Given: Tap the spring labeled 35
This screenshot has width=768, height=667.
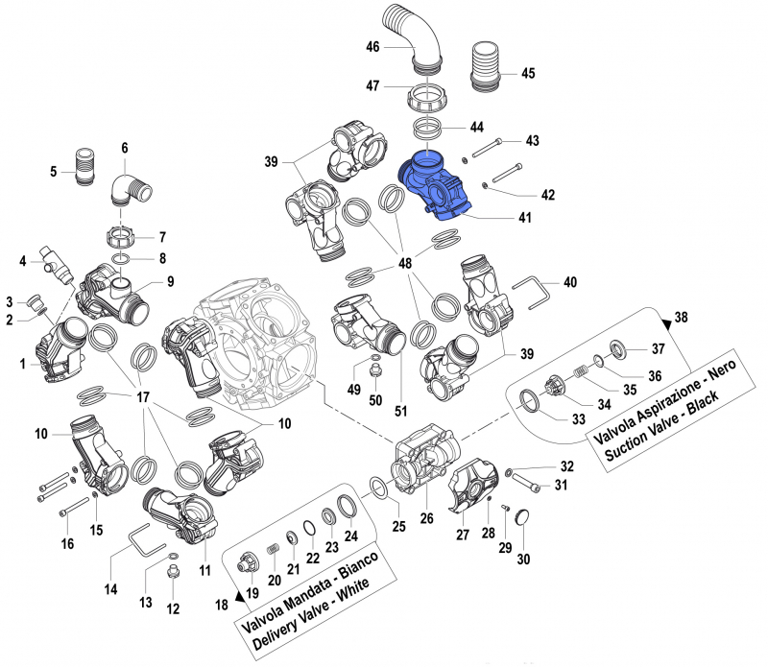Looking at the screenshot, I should pos(578,371).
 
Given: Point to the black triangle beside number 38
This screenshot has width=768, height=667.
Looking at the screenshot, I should pos(668,321).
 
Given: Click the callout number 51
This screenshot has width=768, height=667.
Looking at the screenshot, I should pos(401,411).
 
